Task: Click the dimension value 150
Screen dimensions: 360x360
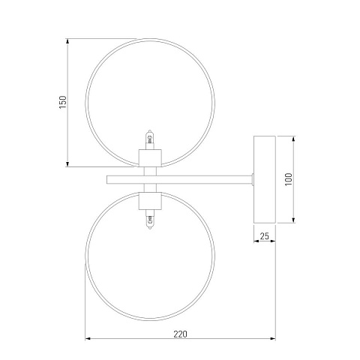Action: [x=63, y=102]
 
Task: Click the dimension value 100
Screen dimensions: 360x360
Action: [x=289, y=179]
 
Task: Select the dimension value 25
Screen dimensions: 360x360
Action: [x=264, y=235]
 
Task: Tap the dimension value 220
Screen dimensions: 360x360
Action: [x=180, y=334]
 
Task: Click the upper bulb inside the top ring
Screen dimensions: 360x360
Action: [x=150, y=139]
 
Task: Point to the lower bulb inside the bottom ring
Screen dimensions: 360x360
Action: [x=150, y=219]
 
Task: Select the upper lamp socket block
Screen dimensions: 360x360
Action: [x=150, y=158]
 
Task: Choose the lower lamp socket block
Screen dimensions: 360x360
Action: [x=150, y=201]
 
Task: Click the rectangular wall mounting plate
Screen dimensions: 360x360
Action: [x=265, y=179]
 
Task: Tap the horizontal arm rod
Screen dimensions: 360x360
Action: [x=179, y=180]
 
